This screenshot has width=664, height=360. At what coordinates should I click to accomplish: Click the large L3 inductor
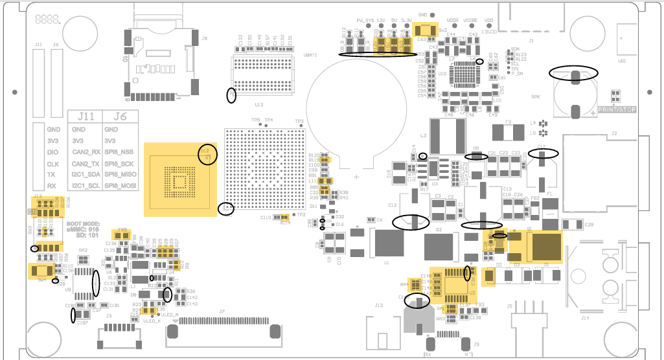(447, 137)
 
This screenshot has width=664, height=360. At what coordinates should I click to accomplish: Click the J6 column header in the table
(117, 117)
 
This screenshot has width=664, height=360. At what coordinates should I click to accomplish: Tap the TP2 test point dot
(295, 214)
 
